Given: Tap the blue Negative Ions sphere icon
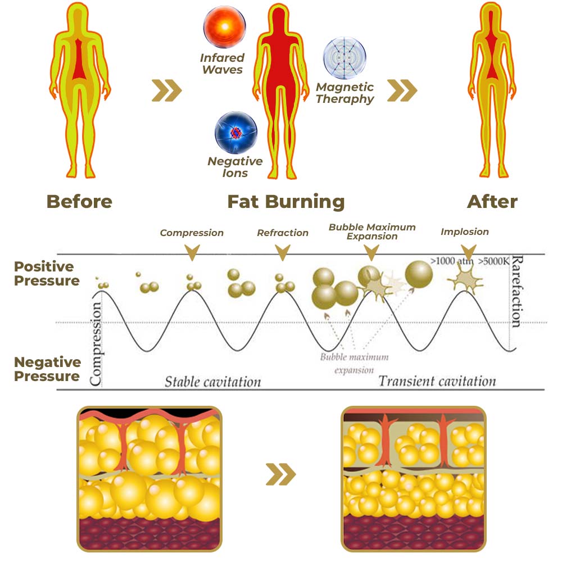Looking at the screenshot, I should [x=235, y=133].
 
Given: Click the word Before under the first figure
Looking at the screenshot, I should [x=79, y=202].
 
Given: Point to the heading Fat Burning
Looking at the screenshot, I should [x=286, y=202].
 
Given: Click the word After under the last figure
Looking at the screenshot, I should [x=492, y=202].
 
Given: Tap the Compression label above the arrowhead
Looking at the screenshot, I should [x=192, y=233].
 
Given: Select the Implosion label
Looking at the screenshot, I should [x=465, y=232].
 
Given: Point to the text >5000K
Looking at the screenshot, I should [x=494, y=261].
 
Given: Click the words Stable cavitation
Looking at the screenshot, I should [x=213, y=382].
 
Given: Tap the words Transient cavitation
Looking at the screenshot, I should [x=437, y=381].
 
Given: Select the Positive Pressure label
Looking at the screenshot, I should [x=47, y=274].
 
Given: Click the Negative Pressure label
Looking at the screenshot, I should [x=47, y=369].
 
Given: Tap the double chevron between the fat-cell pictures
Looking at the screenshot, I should [x=280, y=477].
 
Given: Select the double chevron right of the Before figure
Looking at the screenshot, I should [x=167, y=90].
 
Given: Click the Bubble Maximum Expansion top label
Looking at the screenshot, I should [x=372, y=232].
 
